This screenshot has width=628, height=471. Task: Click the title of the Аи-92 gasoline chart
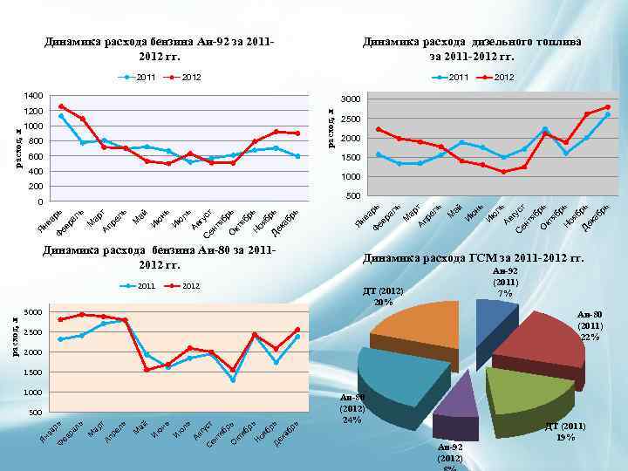[x=160, y=49]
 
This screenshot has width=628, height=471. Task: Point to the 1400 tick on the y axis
[x=32, y=95]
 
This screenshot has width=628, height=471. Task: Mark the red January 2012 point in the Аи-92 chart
[x=61, y=106]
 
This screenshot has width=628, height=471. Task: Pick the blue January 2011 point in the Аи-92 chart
[x=61, y=116]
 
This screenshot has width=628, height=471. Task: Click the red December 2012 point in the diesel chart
[x=607, y=107]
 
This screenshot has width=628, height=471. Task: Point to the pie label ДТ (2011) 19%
[x=564, y=431]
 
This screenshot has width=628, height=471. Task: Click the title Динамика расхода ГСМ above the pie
[x=473, y=258]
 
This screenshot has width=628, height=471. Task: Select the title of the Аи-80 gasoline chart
[x=160, y=257]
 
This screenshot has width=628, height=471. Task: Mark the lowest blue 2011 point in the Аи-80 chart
[x=233, y=379]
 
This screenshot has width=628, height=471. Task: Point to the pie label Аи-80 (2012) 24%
[x=352, y=408]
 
